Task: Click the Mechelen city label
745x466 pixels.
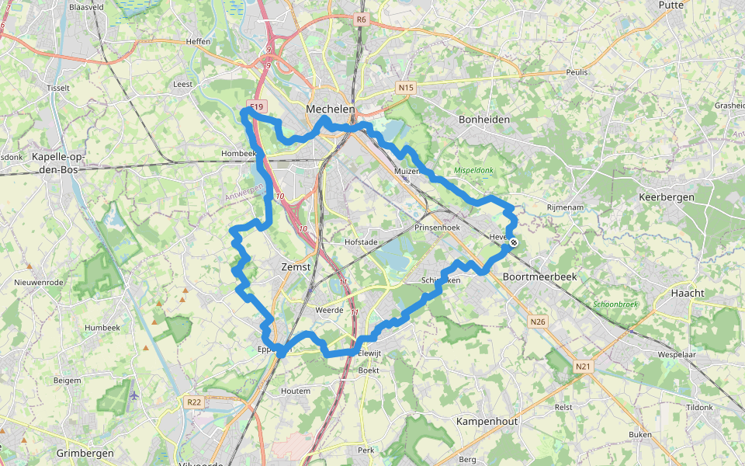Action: [x=331, y=110]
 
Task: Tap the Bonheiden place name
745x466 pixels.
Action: [x=484, y=120]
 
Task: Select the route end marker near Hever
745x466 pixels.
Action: [x=514, y=243]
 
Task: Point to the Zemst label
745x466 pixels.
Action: [x=295, y=266]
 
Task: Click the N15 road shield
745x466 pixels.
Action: [x=405, y=88]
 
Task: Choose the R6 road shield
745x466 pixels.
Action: [x=362, y=19]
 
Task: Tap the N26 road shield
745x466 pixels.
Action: [x=538, y=321]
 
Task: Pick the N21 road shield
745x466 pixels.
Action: [x=583, y=366]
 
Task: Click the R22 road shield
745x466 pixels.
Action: [x=194, y=402]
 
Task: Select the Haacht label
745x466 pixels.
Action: [x=687, y=293]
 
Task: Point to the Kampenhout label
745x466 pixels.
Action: [x=487, y=420]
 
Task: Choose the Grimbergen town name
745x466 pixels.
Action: [x=85, y=453]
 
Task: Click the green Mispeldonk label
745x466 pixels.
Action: [x=474, y=170]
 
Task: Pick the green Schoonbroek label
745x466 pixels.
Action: [x=615, y=304]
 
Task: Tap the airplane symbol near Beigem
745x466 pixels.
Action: [x=134, y=395]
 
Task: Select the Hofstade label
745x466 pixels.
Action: [x=360, y=242]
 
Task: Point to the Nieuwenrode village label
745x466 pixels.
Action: [x=39, y=282]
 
